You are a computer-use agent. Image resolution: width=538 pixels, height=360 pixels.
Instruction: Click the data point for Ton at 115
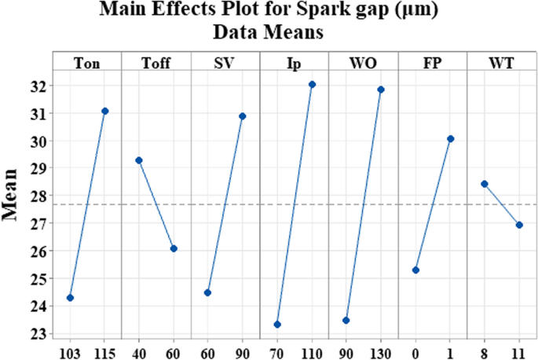104,111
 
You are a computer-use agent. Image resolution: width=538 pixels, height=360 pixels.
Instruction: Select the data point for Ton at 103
70,298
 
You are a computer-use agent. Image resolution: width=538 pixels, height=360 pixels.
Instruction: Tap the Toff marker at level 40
139,160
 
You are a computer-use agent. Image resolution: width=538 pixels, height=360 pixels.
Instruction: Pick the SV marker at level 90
242,116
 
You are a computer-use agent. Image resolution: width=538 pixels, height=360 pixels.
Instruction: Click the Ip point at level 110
312,84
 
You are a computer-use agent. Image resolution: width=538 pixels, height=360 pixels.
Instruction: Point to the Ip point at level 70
277,325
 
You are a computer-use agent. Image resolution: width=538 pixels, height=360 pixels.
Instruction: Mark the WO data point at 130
381,90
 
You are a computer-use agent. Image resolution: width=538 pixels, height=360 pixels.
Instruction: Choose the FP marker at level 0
415,270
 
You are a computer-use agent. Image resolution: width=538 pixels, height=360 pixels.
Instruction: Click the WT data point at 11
519,225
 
